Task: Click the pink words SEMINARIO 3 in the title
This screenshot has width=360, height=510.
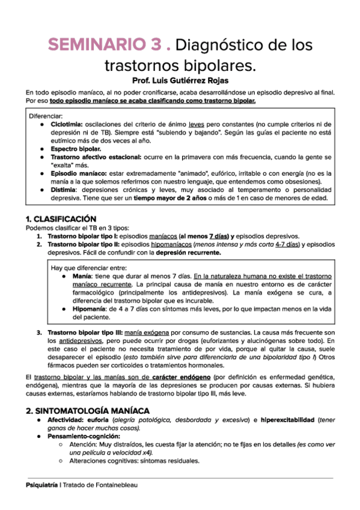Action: [x=105, y=45]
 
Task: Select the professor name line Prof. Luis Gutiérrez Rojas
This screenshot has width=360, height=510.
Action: [x=180, y=79]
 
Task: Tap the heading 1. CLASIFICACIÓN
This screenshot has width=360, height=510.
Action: [x=61, y=218]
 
